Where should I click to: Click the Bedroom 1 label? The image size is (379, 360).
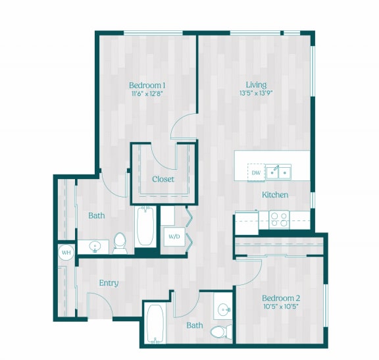(x=147, y=85)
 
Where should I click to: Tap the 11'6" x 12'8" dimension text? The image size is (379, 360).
(x=147, y=94)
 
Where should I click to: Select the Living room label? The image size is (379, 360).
(x=256, y=84)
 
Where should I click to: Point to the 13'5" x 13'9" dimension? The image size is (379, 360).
(x=256, y=93)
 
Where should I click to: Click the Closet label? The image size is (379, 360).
(x=163, y=179)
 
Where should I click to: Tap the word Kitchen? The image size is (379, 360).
(x=275, y=195)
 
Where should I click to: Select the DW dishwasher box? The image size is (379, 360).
(x=255, y=173)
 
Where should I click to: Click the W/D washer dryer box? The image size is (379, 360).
(x=174, y=235)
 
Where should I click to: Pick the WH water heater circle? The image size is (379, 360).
(x=66, y=252)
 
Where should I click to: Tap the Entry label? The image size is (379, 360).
(x=109, y=283)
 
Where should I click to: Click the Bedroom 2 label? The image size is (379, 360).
(x=280, y=297)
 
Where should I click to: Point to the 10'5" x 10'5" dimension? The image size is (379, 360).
(x=280, y=306)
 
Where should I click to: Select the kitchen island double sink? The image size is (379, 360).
(x=279, y=172)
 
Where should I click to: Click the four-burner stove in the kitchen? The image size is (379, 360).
(x=279, y=218)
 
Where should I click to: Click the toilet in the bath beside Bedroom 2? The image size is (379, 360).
(x=219, y=330)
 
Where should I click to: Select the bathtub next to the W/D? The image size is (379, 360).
(x=145, y=226)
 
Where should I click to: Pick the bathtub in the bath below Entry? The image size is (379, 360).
(x=155, y=324)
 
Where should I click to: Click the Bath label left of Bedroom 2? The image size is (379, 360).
(x=194, y=325)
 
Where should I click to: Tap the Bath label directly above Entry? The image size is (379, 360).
(x=97, y=215)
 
